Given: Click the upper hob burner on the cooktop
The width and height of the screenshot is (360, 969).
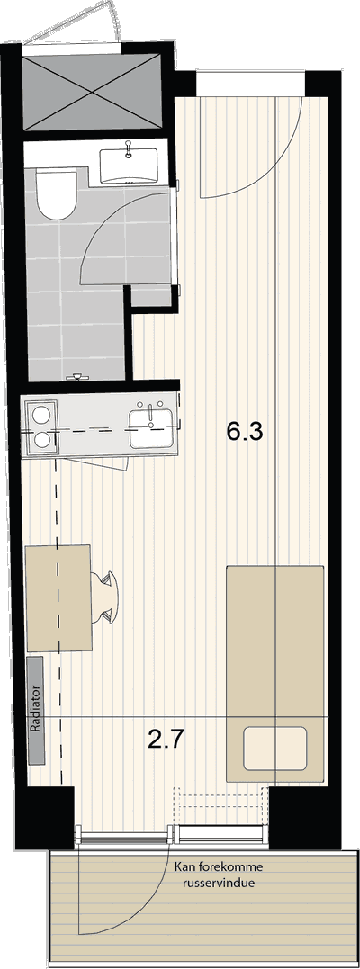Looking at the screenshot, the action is click(x=41, y=413).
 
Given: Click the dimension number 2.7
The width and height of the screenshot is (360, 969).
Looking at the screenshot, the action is click(x=166, y=739).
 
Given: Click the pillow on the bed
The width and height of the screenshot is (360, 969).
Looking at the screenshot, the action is click(x=275, y=749).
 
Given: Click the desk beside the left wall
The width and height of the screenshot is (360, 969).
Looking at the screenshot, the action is click(x=58, y=597).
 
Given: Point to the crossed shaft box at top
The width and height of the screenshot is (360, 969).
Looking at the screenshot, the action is click(x=94, y=94).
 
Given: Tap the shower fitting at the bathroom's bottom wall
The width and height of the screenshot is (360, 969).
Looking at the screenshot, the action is click(x=77, y=376).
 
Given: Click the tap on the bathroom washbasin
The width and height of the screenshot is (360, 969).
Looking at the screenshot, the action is click(x=128, y=149).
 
